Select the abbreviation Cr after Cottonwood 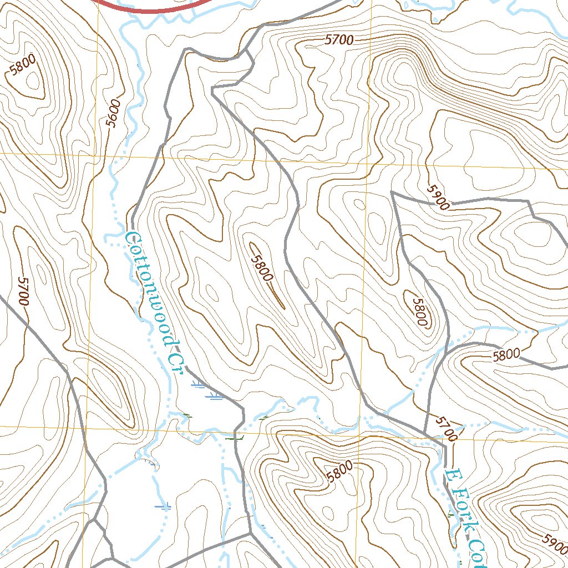176,362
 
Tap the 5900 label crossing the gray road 438,197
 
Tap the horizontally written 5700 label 339,40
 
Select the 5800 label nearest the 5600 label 23,67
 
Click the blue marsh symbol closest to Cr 197,384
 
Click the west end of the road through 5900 392,192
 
